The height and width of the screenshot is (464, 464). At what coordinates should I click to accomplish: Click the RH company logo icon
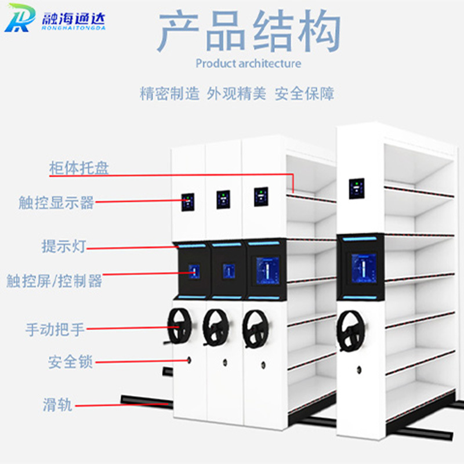point(20,18)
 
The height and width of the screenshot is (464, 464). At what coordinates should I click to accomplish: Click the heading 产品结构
point(249,31)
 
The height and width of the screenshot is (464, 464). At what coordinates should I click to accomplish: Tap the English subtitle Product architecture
point(248,64)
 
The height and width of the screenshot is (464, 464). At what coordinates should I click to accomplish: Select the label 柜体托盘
point(79,168)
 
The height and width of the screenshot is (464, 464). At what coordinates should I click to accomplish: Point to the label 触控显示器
point(56,202)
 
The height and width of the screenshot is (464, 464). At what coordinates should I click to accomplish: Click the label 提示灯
point(64,246)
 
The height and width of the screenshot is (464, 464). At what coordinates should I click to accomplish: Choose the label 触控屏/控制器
point(54,281)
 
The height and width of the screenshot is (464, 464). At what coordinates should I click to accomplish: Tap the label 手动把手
point(55,329)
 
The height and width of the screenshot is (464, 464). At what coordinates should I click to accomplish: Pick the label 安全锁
point(70,362)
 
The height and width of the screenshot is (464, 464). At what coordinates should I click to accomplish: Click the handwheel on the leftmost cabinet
point(179,327)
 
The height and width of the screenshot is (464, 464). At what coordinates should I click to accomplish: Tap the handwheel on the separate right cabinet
point(350,331)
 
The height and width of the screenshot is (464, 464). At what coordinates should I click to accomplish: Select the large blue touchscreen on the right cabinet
point(364,268)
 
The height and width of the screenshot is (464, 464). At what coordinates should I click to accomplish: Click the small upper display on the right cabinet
point(357,188)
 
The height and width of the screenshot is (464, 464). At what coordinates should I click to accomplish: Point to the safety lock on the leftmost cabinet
point(189,360)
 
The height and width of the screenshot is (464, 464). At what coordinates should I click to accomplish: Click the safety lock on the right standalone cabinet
point(359,369)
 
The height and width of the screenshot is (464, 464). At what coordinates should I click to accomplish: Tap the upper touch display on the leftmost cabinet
point(188,202)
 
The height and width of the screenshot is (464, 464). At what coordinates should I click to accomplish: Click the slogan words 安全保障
point(304,94)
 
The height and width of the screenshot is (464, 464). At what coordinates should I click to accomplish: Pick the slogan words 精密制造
point(169,94)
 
